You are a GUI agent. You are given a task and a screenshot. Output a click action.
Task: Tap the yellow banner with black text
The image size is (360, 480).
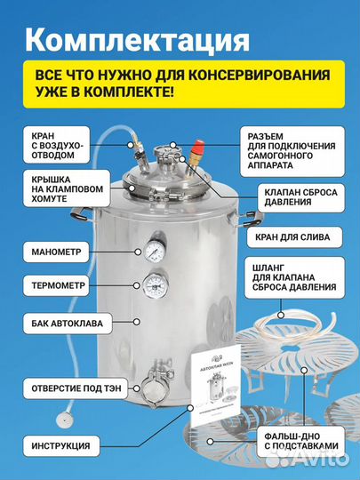(179, 84)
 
